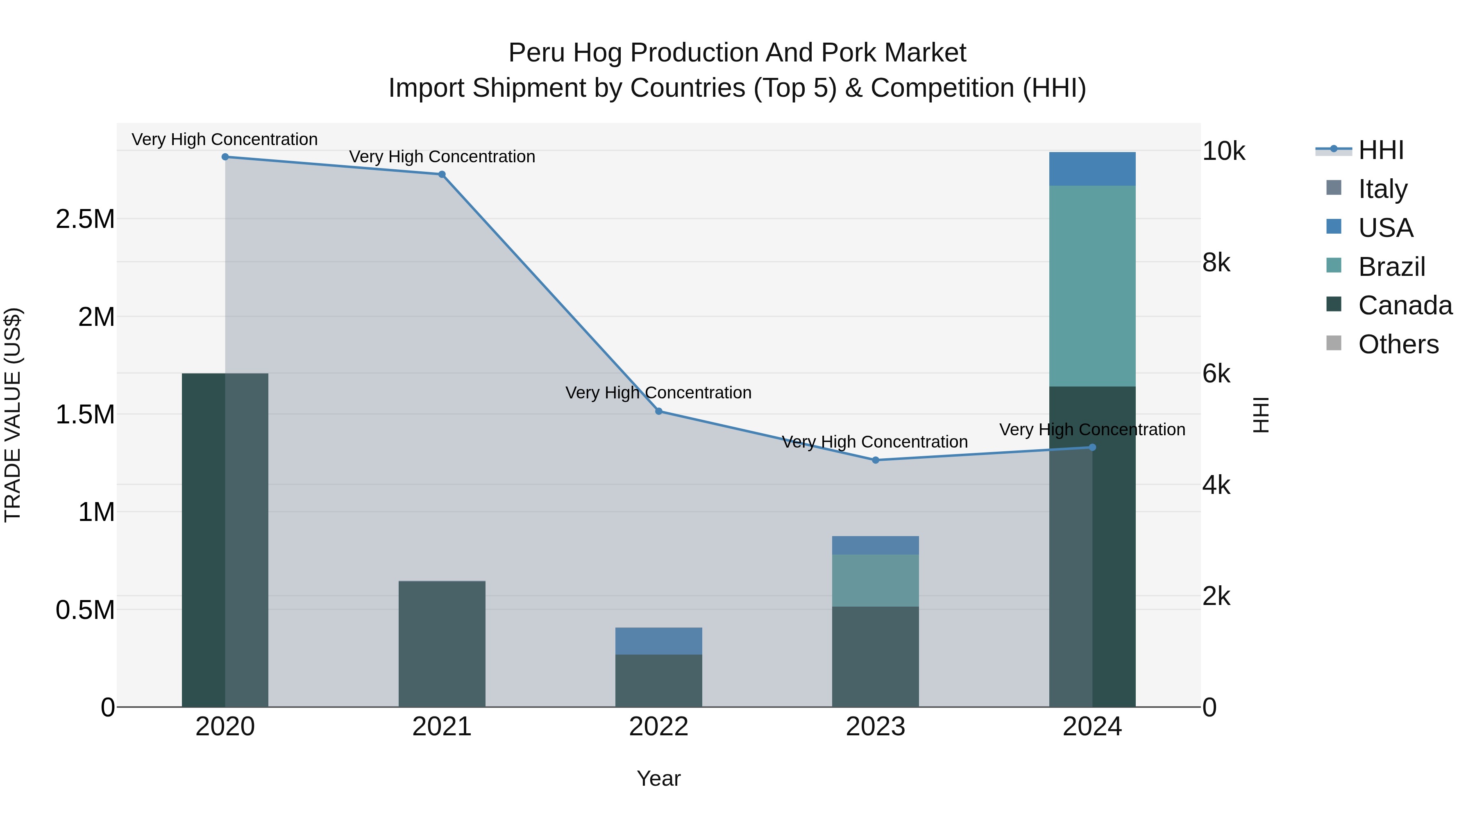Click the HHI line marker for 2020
coord(225,157)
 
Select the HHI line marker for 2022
coord(658,411)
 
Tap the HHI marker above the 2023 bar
coord(875,460)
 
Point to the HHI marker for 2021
coord(442,175)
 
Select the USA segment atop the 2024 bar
coord(1092,169)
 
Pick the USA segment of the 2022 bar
coord(658,641)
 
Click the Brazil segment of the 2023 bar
coord(875,580)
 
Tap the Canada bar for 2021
coord(442,644)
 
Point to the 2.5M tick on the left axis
coord(85,219)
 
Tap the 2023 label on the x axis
coord(875,727)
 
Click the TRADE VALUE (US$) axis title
coord(13,415)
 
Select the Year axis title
coord(658,778)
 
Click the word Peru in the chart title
coord(536,53)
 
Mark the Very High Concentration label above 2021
coord(442,157)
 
